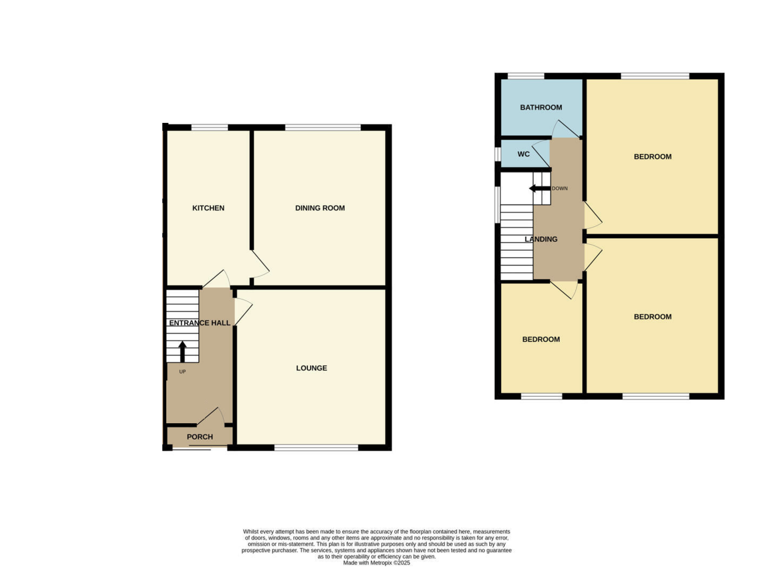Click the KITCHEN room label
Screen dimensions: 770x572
click(208, 208)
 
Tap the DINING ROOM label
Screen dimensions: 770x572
click(320, 208)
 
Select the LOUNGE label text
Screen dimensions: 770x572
click(312, 368)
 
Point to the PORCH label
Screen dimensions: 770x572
click(200, 437)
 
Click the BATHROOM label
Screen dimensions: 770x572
click(541, 107)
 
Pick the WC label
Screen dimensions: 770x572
click(524, 154)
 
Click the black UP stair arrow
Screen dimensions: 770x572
click(182, 352)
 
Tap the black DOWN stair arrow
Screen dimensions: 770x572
click(540, 188)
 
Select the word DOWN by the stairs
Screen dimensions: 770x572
click(560, 188)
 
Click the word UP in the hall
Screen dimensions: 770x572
click(182, 372)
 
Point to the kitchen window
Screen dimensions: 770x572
click(210, 127)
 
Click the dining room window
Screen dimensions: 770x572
click(323, 127)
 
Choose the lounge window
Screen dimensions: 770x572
click(316, 447)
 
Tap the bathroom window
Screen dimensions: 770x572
click(526, 76)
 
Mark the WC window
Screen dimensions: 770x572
click(497, 154)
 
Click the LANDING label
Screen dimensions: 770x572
click(541, 239)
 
